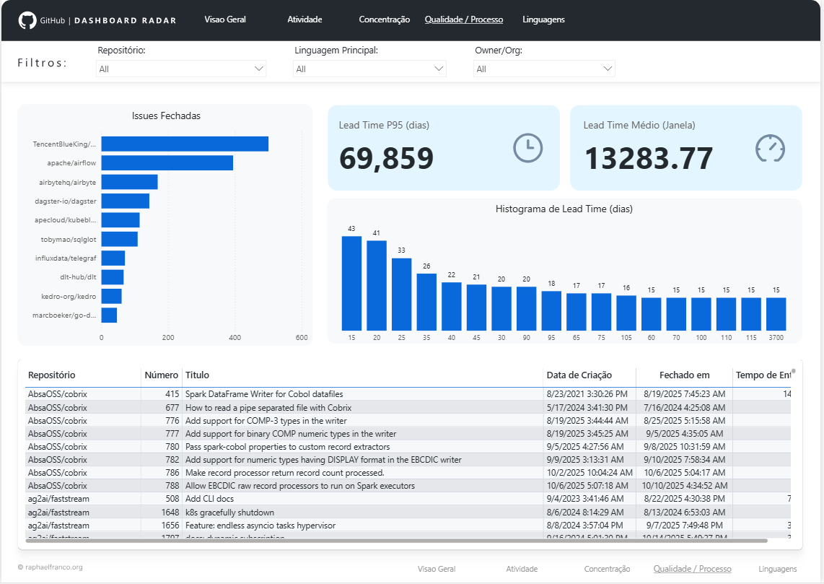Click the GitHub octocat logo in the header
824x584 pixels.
(x=27, y=20)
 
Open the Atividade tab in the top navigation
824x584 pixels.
(x=304, y=19)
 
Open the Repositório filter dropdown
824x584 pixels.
(x=181, y=69)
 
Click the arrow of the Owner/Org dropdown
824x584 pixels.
(x=607, y=69)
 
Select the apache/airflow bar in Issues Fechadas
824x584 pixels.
(x=167, y=163)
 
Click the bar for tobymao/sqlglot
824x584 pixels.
(x=119, y=239)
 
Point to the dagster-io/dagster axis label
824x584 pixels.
(x=66, y=201)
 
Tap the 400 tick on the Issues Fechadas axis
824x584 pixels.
(x=235, y=337)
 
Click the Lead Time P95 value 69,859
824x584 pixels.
(x=386, y=159)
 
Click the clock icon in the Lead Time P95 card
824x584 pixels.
(x=527, y=148)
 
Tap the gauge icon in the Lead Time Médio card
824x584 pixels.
(x=769, y=148)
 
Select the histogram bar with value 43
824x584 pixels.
(x=351, y=283)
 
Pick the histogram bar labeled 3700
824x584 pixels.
(x=776, y=314)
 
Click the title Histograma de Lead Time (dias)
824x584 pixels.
(x=564, y=209)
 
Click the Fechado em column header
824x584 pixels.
(x=684, y=375)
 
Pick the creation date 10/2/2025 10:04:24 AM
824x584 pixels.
(x=589, y=473)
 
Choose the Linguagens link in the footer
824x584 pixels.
(x=777, y=569)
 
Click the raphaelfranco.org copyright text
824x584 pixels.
(x=51, y=567)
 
